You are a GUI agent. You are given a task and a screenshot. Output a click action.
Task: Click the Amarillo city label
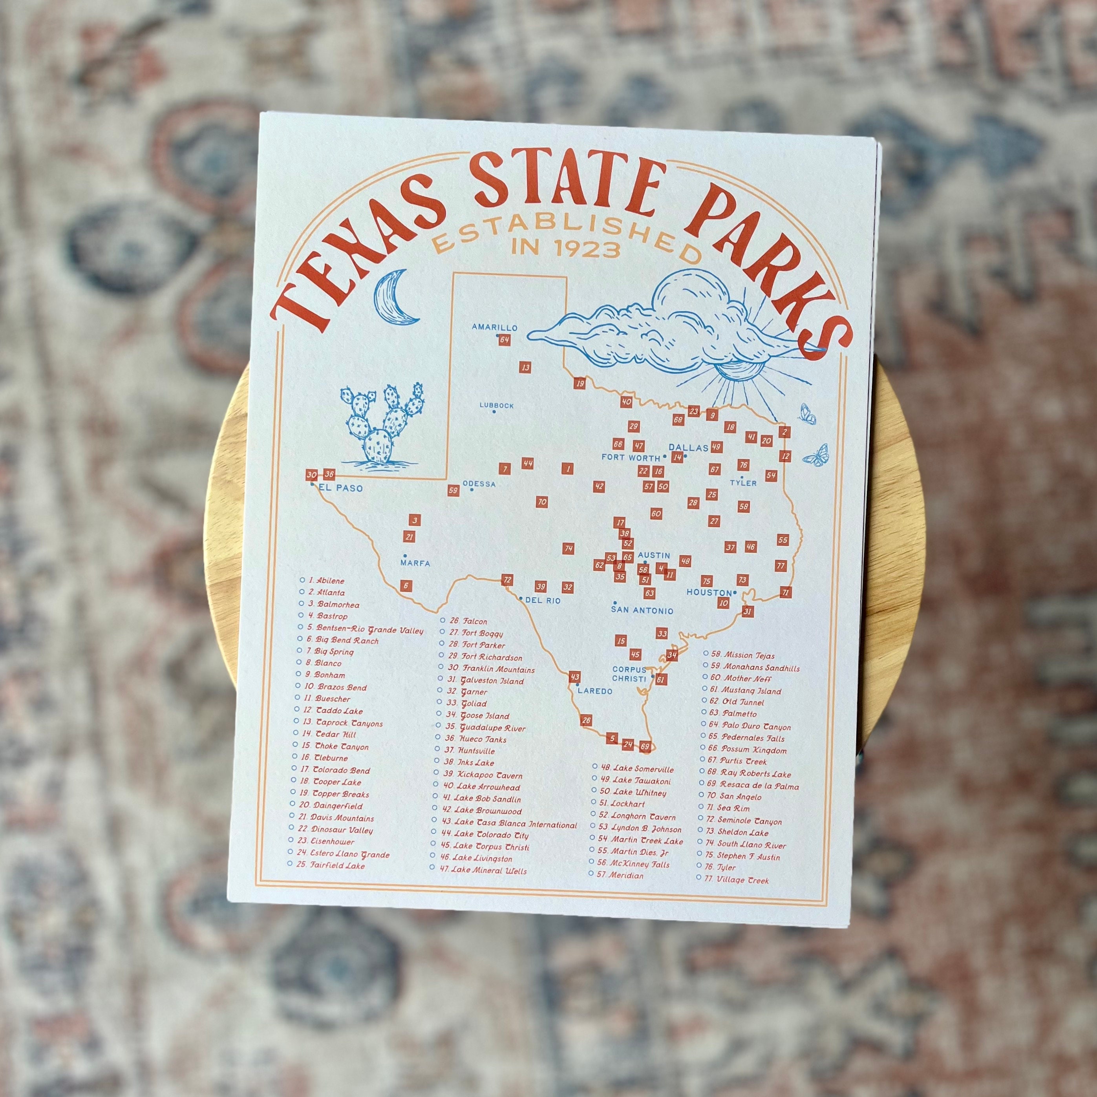495,327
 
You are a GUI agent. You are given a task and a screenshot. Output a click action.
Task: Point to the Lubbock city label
496,406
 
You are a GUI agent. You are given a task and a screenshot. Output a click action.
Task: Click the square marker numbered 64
504,340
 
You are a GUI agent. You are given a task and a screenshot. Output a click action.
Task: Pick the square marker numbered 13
525,367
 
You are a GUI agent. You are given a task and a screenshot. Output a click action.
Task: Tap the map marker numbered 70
542,502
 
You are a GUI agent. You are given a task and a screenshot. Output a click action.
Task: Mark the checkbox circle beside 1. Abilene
302,580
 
